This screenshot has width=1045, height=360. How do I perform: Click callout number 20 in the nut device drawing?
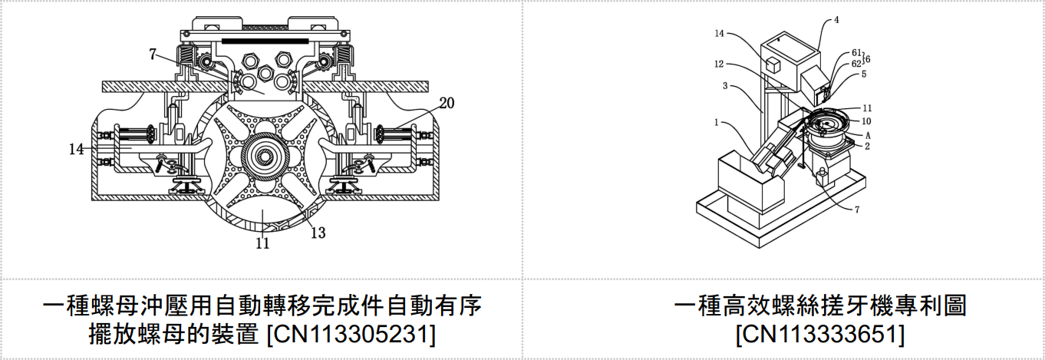(x=447, y=103)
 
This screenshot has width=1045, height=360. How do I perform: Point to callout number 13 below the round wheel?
(x=318, y=232)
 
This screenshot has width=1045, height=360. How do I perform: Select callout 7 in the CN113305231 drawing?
(x=153, y=54)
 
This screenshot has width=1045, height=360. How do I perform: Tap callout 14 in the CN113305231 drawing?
(x=76, y=149)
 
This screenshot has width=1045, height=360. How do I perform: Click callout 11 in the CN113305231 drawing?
(x=262, y=243)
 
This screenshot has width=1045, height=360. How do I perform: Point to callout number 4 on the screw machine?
(x=836, y=20)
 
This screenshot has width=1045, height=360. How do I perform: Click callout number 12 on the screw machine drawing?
(x=719, y=64)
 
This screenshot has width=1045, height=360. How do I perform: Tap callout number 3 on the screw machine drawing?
(x=725, y=86)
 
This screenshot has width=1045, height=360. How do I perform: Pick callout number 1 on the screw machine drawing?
(x=716, y=123)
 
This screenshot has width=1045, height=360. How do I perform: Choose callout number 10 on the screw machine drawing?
(x=866, y=121)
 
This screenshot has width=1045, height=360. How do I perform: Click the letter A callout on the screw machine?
(x=868, y=135)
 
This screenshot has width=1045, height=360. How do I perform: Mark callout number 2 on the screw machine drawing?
(x=867, y=146)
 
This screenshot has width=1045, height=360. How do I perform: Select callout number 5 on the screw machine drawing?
(x=863, y=74)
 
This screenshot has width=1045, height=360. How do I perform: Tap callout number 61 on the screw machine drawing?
(x=856, y=53)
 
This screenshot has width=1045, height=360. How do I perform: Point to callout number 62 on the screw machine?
(x=856, y=64)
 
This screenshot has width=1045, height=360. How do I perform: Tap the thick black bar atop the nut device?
(x=265, y=41)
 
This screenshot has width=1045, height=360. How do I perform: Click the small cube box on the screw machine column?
(x=773, y=65)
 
